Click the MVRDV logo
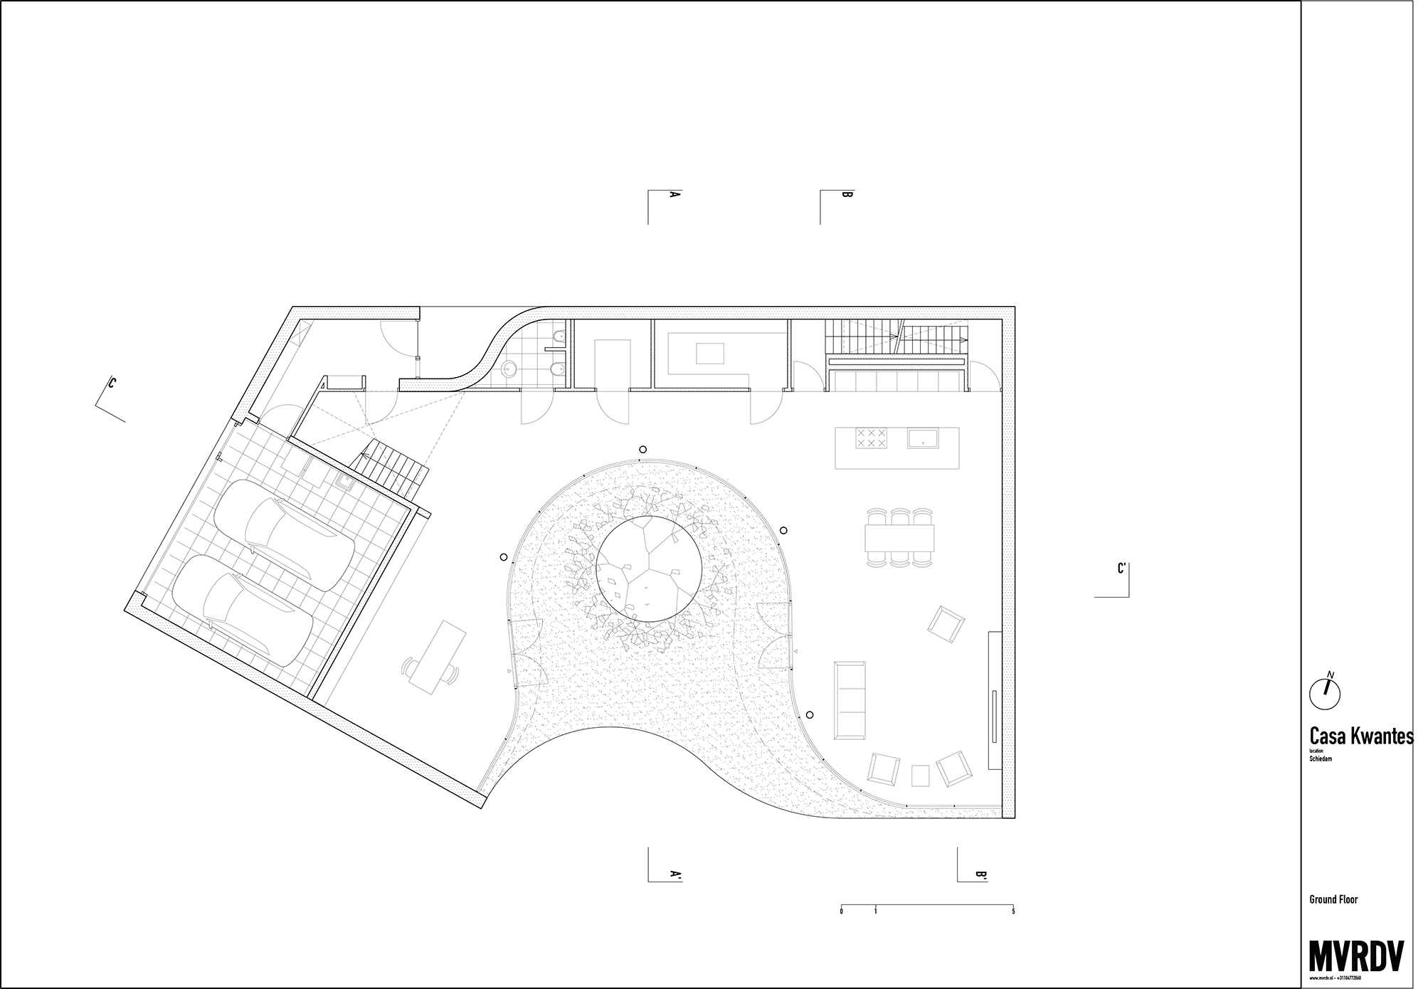pos(1355,956)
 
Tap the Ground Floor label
pos(1333,899)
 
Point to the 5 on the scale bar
pos(1013,911)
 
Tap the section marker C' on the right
pos(1121,569)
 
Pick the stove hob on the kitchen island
pos(872,437)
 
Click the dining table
pos(899,538)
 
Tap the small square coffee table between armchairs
pos(920,775)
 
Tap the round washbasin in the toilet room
pos(509,369)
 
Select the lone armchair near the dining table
pos(946,624)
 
